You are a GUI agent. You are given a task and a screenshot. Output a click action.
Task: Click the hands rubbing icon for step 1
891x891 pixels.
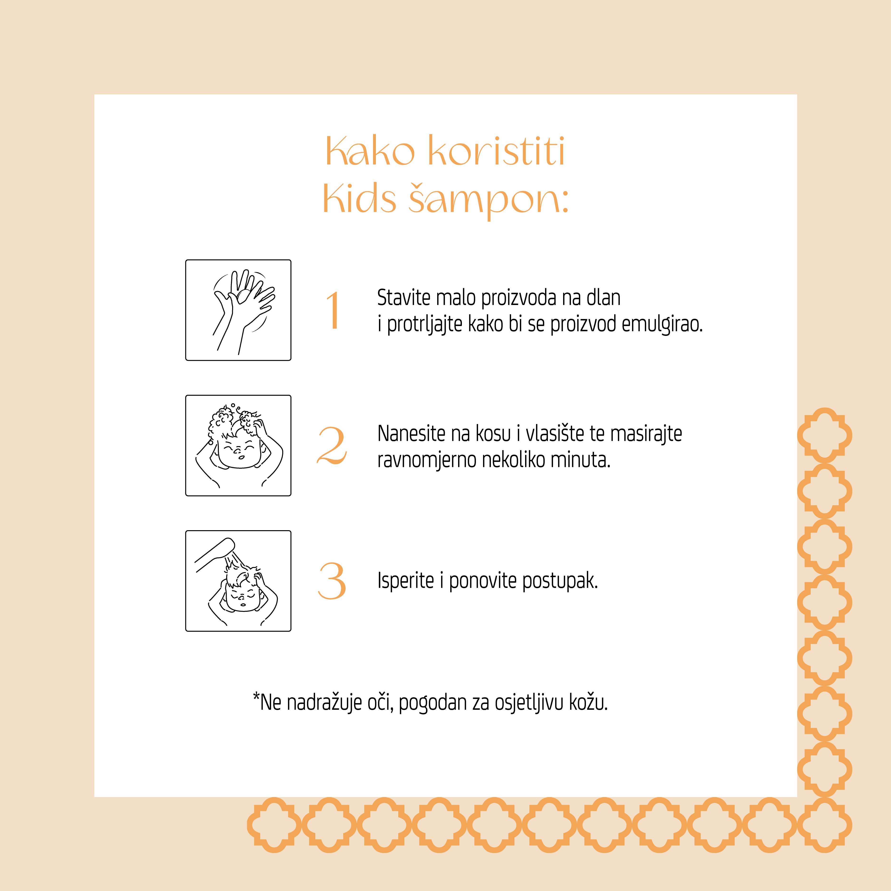tap(238, 310)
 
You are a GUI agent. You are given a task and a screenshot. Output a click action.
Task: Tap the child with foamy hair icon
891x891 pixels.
tap(238, 446)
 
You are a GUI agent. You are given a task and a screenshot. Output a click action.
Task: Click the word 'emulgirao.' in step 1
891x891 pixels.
tap(662, 324)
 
